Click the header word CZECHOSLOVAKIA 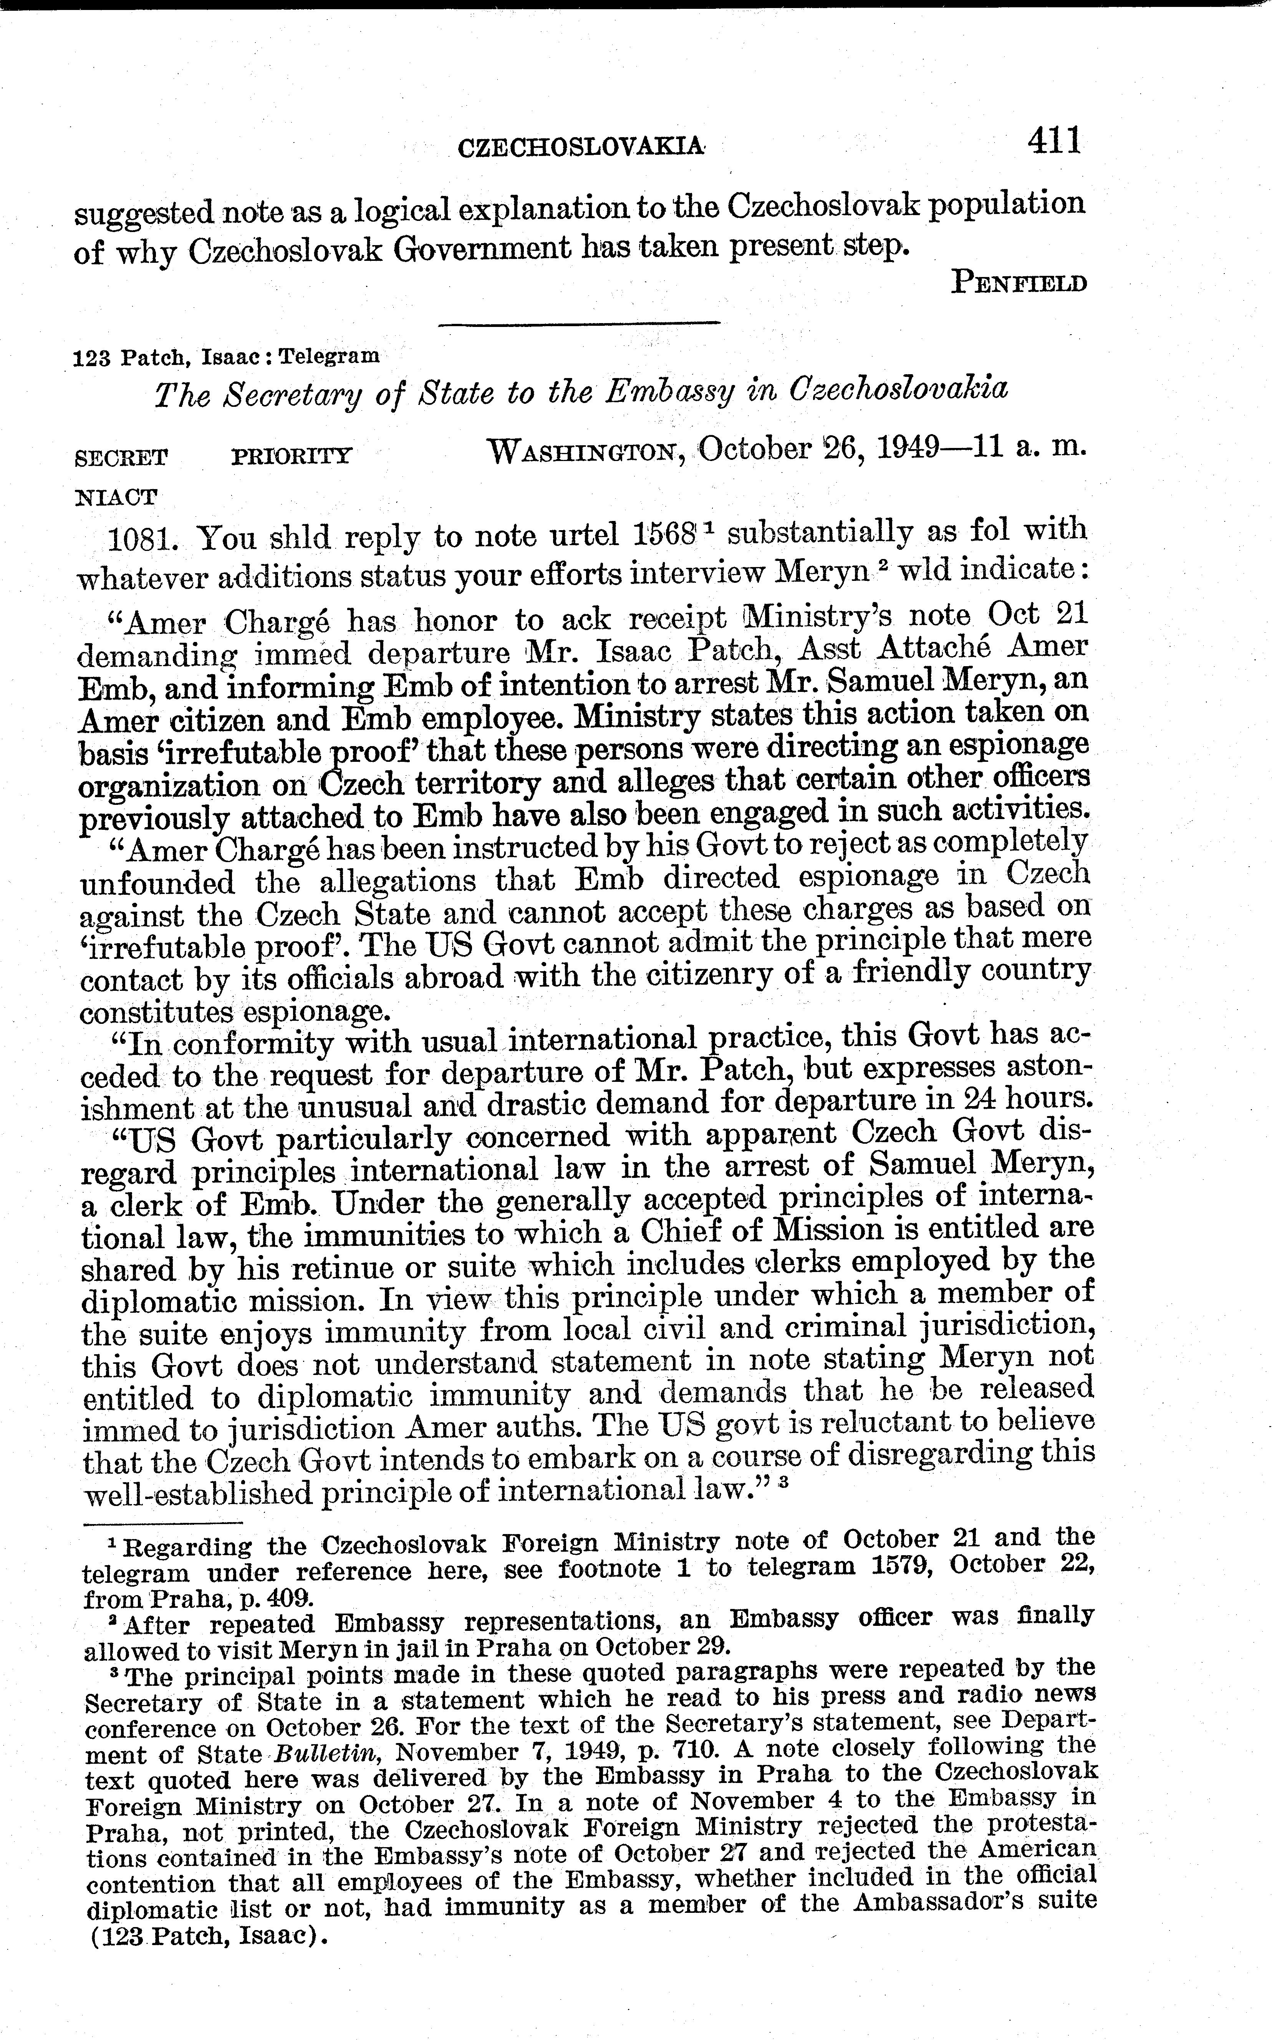580,148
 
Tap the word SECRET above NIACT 121,458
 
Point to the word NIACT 116,496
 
